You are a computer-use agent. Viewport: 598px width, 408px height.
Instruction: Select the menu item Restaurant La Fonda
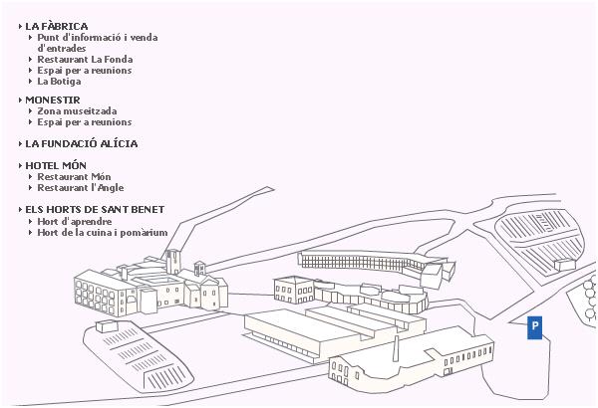[84, 60]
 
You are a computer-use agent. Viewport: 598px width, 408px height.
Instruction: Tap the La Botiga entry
[59, 82]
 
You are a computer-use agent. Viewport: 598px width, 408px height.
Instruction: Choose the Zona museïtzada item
[77, 111]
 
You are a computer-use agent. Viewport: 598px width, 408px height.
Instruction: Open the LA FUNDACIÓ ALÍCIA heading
[81, 144]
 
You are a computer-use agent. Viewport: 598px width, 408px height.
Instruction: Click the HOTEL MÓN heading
[56, 165]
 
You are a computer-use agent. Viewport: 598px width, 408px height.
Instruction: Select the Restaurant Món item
[74, 177]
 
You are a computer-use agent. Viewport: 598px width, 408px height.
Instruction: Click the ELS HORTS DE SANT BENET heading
[95, 210]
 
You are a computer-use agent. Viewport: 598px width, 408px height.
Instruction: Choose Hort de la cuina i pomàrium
[96, 232]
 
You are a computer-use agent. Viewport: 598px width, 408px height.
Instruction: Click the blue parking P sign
[535, 327]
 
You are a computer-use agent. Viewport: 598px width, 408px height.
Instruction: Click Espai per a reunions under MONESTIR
[84, 122]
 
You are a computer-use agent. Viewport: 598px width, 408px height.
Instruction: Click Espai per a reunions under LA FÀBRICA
[84, 71]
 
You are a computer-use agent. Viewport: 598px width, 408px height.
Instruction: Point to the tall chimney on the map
[397, 346]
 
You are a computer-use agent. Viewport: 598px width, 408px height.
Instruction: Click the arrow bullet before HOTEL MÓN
[21, 165]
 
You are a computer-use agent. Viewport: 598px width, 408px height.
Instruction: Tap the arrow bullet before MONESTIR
[21, 101]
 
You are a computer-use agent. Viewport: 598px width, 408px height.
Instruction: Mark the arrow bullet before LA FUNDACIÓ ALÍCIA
[21, 144]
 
